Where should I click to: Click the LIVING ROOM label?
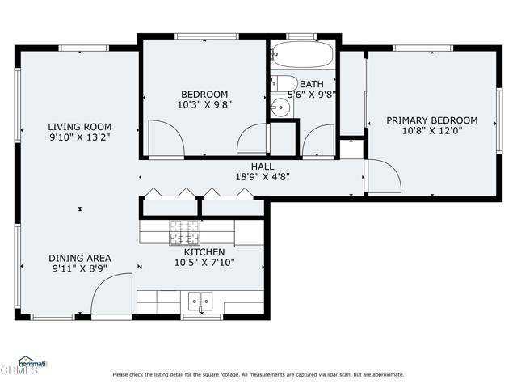point(79,127)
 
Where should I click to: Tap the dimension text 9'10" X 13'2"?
point(79,137)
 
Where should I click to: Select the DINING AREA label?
point(79,258)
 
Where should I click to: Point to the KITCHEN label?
point(200,252)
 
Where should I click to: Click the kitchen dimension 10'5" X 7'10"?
point(200,263)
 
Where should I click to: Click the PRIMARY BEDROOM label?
point(431,120)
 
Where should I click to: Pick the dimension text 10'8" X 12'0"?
point(431,131)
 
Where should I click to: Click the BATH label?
point(312,84)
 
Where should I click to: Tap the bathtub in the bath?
point(303,56)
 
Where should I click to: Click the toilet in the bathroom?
point(282,82)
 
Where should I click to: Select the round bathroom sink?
point(280,106)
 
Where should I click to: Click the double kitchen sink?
point(200,302)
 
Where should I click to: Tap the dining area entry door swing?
point(110,294)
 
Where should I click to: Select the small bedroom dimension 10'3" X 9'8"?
point(204,105)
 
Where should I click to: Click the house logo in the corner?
point(30,361)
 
